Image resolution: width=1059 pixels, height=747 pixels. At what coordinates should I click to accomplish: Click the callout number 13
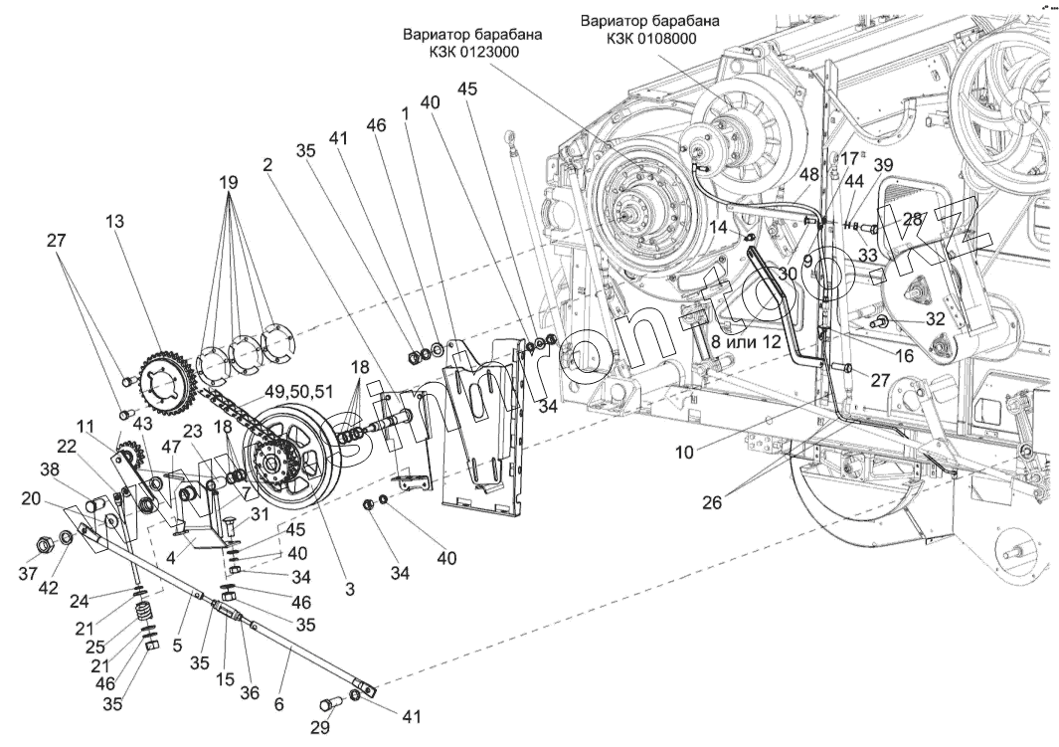coord(116,222)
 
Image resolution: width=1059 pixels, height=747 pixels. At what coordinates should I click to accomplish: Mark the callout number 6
coord(278,704)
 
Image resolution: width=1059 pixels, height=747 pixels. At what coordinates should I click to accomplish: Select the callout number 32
coord(934,320)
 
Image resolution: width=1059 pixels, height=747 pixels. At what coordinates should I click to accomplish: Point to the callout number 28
coord(912,218)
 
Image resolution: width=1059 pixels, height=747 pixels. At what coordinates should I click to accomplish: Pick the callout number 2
coord(267,166)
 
